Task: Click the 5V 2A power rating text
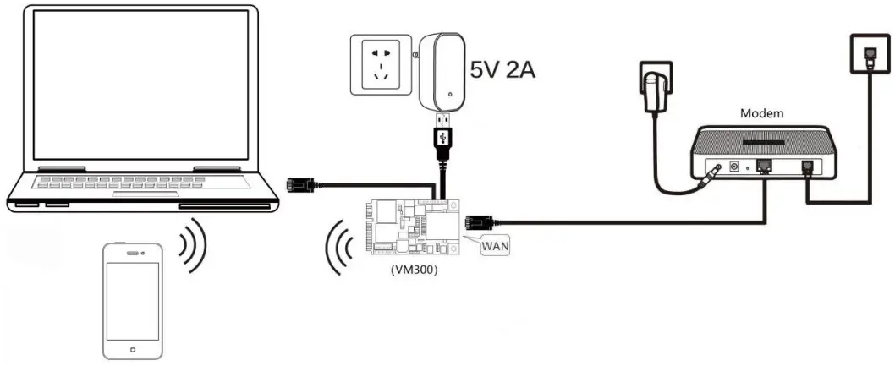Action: coord(502,68)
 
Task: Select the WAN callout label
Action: coord(491,246)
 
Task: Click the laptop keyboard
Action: coord(140,183)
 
